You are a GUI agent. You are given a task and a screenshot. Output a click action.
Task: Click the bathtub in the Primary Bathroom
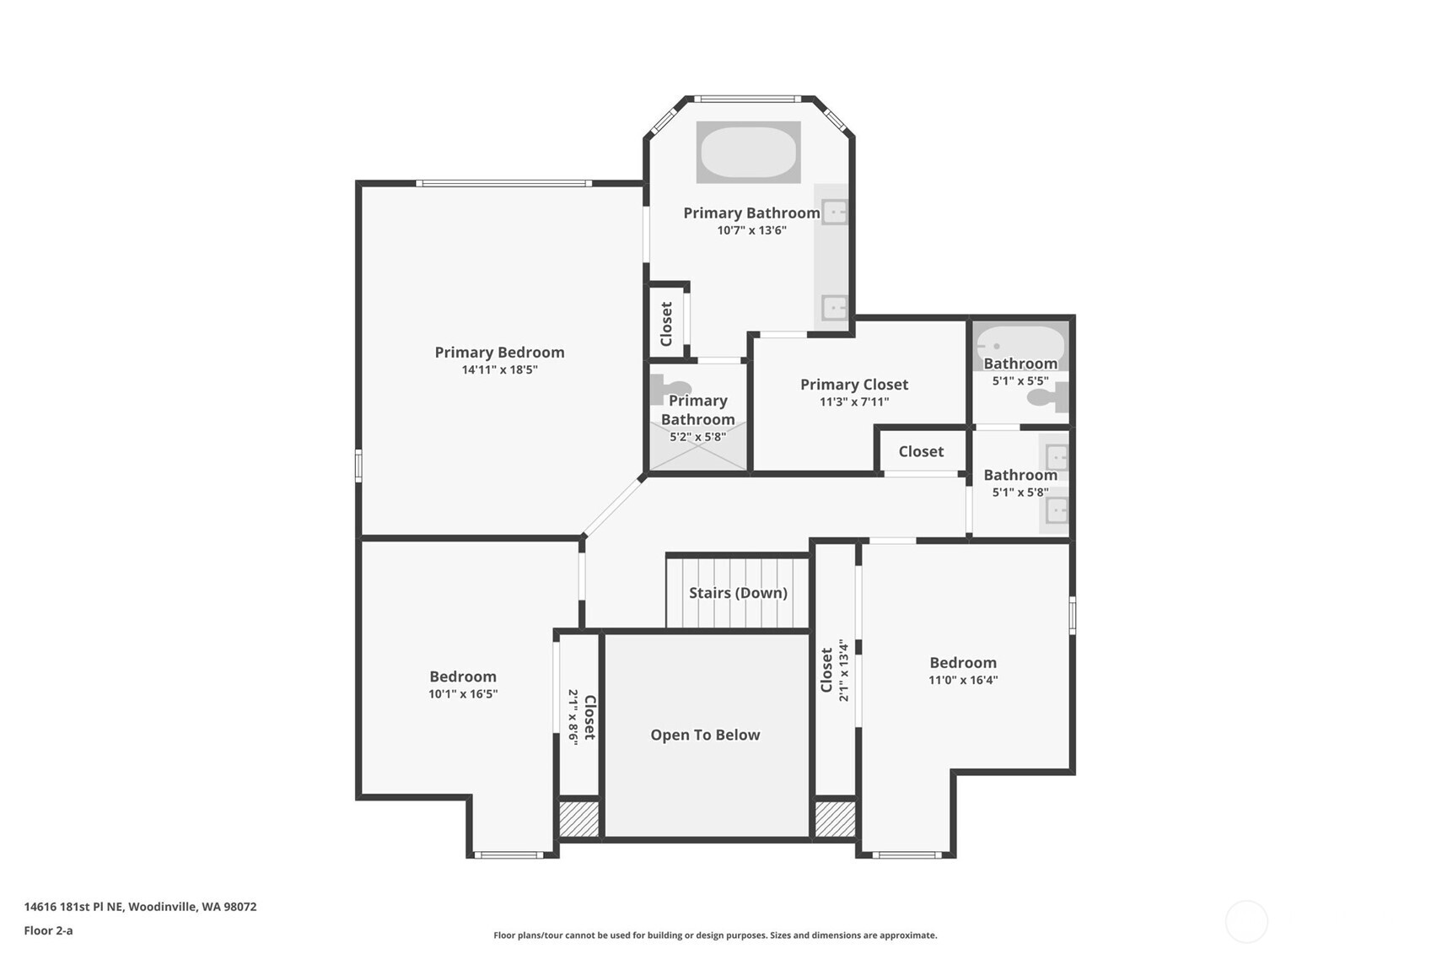pyautogui.click(x=748, y=152)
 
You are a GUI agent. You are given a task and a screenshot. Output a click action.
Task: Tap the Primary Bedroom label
pyautogui.click(x=499, y=353)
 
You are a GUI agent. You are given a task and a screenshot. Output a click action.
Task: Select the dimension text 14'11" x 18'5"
pyautogui.click(x=499, y=370)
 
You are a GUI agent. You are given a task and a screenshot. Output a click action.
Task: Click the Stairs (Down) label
pyautogui.click(x=738, y=593)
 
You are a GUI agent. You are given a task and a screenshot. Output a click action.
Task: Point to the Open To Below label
pyautogui.click(x=705, y=735)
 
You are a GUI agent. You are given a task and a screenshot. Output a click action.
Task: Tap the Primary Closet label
pyautogui.click(x=853, y=385)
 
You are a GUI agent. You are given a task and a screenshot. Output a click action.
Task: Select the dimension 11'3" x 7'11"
pyautogui.click(x=853, y=402)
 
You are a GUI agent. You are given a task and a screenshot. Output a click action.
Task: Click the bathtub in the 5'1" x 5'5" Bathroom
pyautogui.click(x=1020, y=345)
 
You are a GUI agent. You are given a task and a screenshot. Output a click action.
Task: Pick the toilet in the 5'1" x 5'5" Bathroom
pyautogui.click(x=1049, y=397)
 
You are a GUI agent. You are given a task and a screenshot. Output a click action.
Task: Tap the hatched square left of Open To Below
pyautogui.click(x=579, y=818)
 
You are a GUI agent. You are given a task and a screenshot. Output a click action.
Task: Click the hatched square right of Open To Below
pyautogui.click(x=835, y=818)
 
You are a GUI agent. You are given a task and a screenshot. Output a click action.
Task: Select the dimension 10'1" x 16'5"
pyautogui.click(x=463, y=694)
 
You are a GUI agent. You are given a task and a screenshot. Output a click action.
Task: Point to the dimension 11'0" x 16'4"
pyautogui.click(x=963, y=681)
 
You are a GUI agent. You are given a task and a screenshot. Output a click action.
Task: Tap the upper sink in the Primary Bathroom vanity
pyautogui.click(x=834, y=212)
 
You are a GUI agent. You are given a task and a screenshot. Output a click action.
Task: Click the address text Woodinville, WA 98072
pyautogui.click(x=192, y=907)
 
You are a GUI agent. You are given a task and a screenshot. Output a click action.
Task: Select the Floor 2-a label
pyautogui.click(x=48, y=930)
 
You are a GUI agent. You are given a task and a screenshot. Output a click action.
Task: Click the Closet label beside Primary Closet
pyautogui.click(x=921, y=451)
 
